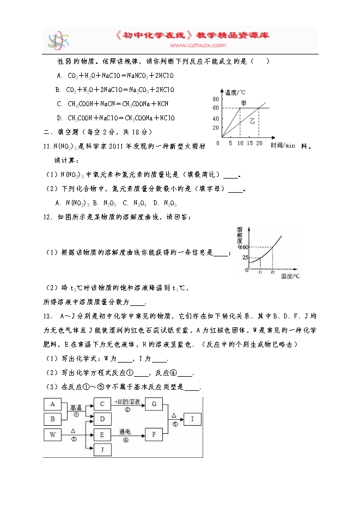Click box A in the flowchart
52,404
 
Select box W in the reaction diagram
52,434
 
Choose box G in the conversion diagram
154,404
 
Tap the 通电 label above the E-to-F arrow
125,431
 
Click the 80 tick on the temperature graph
216,99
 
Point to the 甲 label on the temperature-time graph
244,102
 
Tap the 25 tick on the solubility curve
245,257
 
